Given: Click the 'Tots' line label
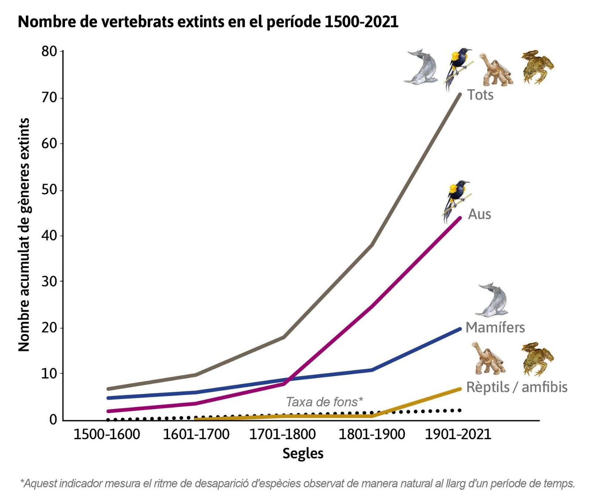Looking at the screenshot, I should [480, 95].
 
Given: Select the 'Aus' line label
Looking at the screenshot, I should [479, 214].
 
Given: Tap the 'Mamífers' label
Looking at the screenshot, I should [495, 327].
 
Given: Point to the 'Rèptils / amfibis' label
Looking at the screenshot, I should [516, 387].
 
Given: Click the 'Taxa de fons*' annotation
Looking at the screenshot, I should [324, 402].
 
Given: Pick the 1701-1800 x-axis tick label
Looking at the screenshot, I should [282, 434].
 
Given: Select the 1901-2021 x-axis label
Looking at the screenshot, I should [458, 434].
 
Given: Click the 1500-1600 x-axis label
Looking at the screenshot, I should [107, 434].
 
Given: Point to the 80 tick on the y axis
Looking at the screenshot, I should [49, 51].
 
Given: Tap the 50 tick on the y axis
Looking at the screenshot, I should [49, 190].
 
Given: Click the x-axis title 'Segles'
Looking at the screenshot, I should [303, 453].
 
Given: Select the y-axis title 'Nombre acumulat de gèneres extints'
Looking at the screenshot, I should [24, 235].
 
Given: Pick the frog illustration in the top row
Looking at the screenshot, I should [537, 67].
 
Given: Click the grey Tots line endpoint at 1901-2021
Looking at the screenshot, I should [460, 95].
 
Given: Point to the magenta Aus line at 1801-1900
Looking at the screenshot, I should [371, 306].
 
